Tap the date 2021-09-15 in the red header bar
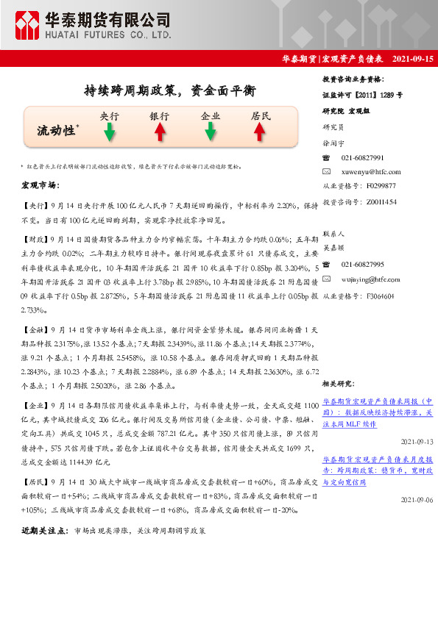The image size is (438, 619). [x=413, y=58]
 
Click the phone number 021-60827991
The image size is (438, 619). [x=363, y=158]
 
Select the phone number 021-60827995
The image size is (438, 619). [x=363, y=264]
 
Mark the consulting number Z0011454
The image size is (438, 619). [x=381, y=201]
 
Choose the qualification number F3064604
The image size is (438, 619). [x=381, y=296]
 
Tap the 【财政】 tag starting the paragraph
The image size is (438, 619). [x=35, y=240]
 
